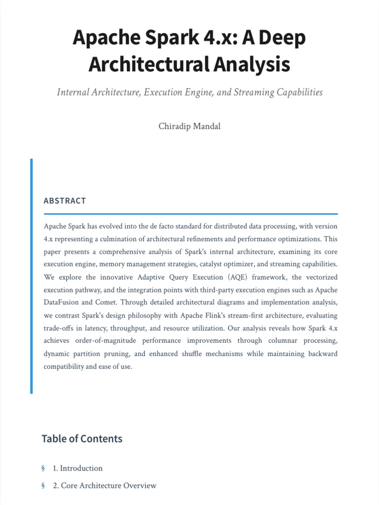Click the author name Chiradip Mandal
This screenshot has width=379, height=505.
point(189,126)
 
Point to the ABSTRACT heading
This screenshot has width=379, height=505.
point(65,201)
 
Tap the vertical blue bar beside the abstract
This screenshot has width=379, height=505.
point(32,276)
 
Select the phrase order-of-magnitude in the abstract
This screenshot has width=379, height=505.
point(112,341)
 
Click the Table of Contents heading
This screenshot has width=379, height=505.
point(82,438)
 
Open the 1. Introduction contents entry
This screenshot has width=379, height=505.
point(77,468)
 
